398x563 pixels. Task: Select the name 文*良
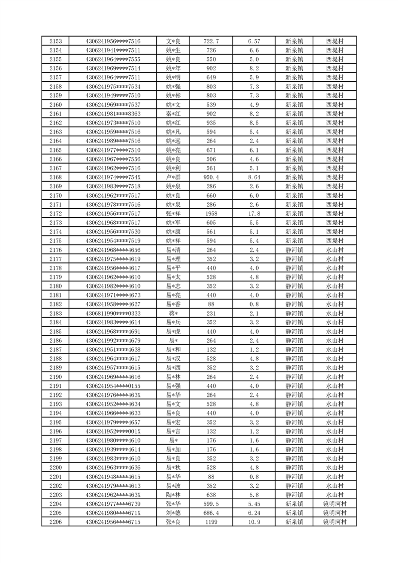coord(173,41)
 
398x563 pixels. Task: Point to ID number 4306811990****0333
coord(113,313)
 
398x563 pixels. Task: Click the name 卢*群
coord(173,177)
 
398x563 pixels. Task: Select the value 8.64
coord(254,177)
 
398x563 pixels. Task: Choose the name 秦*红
coord(173,114)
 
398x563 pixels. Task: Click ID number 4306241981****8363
coord(113,114)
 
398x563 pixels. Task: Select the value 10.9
coord(254,522)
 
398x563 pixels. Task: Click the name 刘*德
coord(173,513)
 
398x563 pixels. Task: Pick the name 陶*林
coord(173,495)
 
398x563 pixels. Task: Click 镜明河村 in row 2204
coord(334,504)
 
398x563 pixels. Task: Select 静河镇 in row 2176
coord(294,250)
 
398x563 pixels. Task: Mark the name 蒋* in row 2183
coord(173,313)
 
